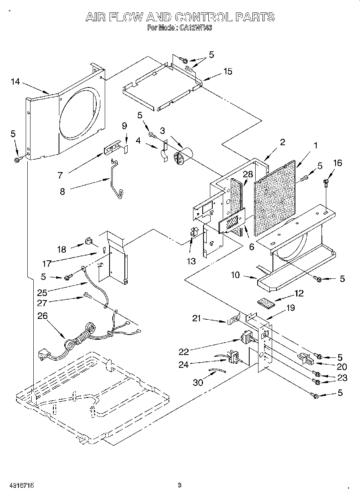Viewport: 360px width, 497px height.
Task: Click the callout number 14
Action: coord(15,82)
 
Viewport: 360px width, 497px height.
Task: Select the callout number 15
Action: coord(228,71)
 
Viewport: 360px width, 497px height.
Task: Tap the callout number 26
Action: coord(43,316)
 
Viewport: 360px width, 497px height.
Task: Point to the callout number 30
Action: coord(198,382)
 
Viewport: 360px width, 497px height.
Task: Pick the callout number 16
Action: coord(338,162)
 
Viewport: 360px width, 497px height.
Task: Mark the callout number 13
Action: coord(191,261)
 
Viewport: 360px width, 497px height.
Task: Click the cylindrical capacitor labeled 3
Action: coord(182,156)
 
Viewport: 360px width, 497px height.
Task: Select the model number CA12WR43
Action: coord(191,28)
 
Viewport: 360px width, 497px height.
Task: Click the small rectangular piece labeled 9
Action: coord(125,148)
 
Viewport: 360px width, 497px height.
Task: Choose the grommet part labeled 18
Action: coord(88,241)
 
